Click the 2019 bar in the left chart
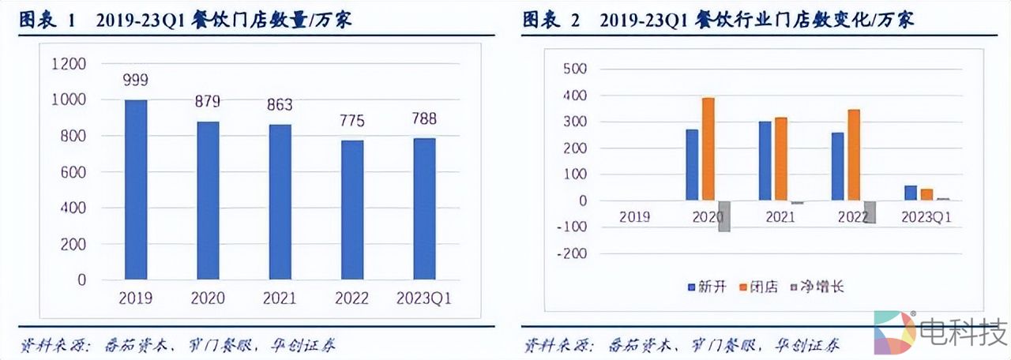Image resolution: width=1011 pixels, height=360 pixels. [136, 189]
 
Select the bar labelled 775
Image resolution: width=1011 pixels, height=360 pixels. [351, 210]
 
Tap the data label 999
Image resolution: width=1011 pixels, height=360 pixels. [136, 81]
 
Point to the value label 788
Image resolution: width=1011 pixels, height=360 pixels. [423, 120]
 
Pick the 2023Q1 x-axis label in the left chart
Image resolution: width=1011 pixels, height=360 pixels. [423, 298]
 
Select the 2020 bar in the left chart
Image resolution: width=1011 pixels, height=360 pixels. [208, 201]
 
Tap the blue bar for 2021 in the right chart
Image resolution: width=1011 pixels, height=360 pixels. [765, 161]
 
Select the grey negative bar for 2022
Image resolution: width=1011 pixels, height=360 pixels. [870, 212]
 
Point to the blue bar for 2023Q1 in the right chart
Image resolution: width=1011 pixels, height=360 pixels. [911, 193]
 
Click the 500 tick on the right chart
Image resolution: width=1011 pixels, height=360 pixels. [574, 69]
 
